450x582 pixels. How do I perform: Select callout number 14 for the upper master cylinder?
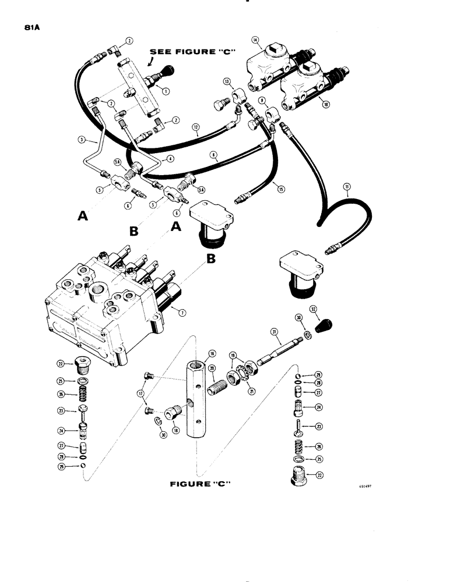coord(255,40)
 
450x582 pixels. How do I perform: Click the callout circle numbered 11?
coord(347,187)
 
